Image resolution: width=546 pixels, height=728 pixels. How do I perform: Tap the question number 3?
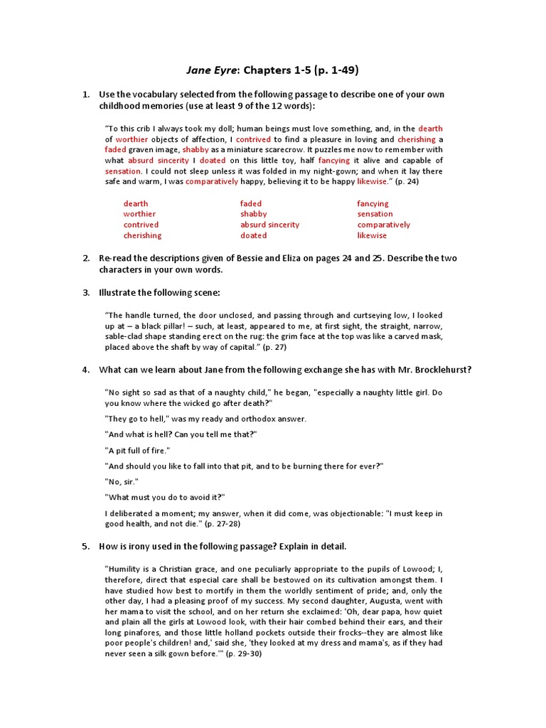85,292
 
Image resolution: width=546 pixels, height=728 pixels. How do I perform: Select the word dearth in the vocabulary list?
136,203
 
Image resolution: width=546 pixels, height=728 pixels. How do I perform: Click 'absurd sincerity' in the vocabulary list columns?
269,225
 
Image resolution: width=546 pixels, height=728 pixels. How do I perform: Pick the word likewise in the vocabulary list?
372,235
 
